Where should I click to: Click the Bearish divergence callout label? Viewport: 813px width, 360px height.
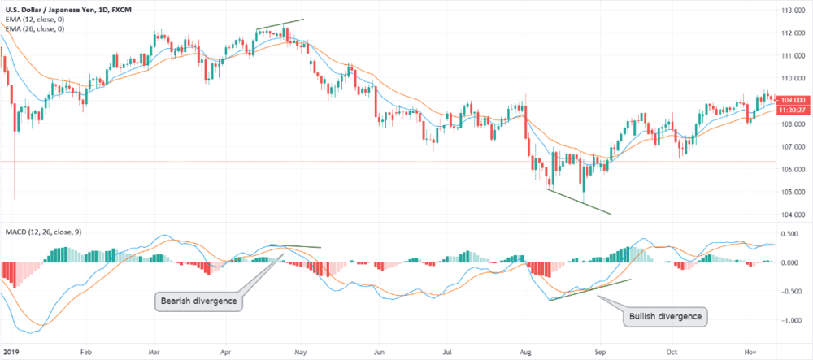coord(198,301)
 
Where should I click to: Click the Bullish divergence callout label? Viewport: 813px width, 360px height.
coord(666,314)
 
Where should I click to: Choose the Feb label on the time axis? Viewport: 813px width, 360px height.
coord(85,353)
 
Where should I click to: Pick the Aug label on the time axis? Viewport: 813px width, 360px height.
coord(526,353)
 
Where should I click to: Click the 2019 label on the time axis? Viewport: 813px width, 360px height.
coord(11,353)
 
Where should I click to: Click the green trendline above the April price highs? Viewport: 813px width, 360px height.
coord(280,24)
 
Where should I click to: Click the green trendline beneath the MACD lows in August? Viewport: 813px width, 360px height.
coord(589,290)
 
